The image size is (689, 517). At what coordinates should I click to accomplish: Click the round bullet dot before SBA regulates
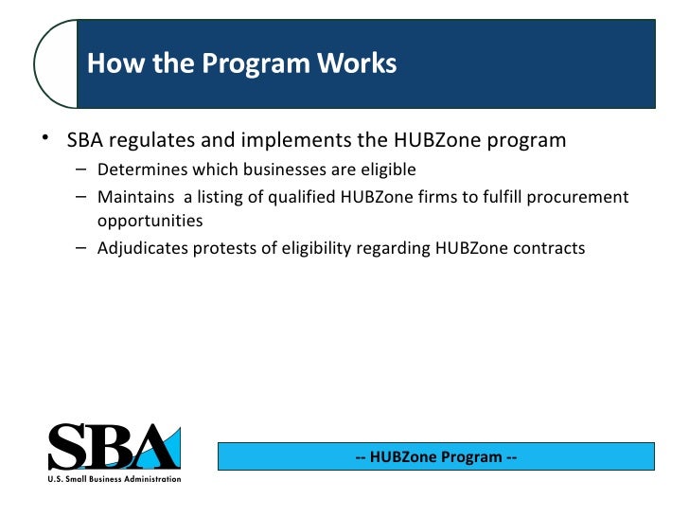(44, 138)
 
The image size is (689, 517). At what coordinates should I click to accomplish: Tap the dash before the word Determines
(82, 170)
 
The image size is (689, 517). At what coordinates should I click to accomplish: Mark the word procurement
(580, 197)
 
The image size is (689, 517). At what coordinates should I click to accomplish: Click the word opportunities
(150, 222)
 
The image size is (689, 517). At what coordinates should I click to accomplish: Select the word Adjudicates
(140, 249)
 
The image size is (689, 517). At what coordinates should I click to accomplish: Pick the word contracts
(552, 249)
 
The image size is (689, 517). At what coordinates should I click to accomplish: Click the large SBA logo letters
(113, 447)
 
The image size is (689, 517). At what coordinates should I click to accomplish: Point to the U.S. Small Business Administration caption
(114, 480)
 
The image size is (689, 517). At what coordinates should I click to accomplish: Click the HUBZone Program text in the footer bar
(436, 457)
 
